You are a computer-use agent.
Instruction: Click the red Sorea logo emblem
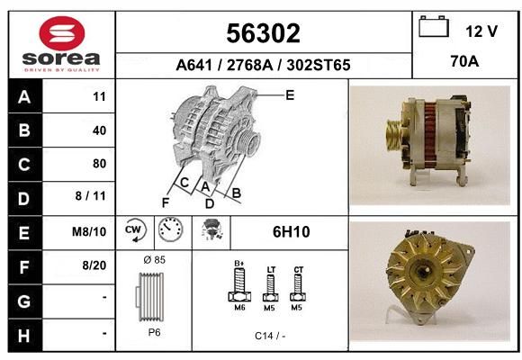tap(62, 33)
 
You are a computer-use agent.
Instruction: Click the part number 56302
tap(264, 33)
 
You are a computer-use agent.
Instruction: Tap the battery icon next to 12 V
tap(434, 26)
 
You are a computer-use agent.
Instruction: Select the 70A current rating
tap(464, 61)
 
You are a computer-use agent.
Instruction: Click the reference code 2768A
tap(249, 65)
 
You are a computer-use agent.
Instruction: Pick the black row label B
tap(25, 130)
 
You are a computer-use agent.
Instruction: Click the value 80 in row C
tap(100, 164)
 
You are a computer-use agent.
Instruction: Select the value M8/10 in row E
tap(89, 231)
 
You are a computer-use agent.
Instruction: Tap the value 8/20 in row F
tap(94, 265)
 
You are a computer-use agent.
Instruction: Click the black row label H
tap(25, 335)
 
